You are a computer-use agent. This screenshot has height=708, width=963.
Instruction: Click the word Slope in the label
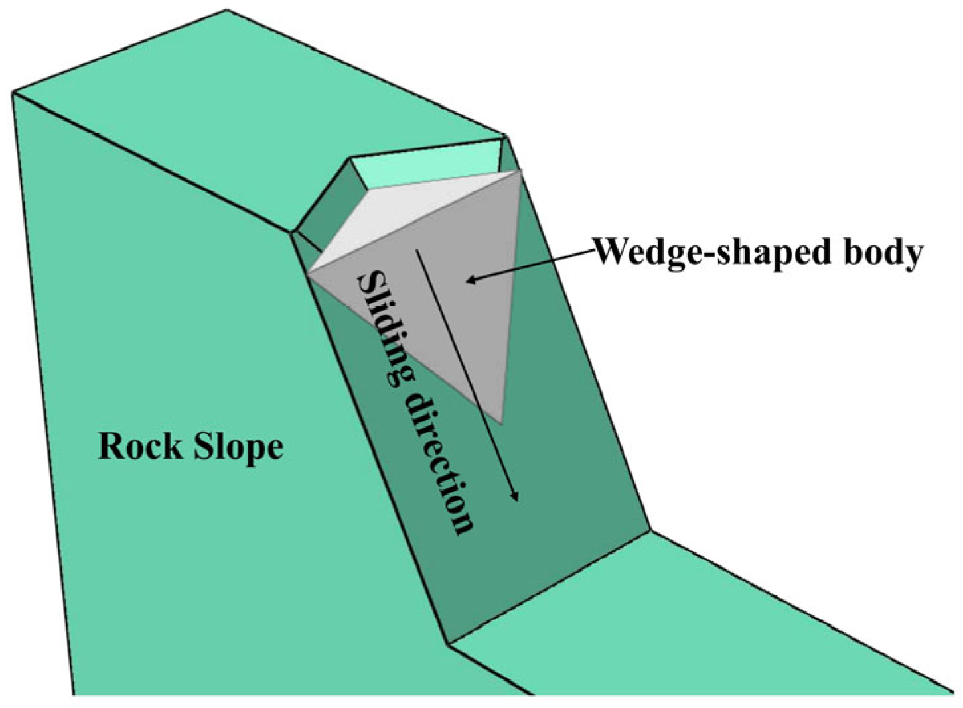(238, 447)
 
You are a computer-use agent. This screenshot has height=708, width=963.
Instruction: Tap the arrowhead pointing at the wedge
(471, 280)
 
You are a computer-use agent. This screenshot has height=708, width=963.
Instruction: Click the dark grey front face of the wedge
(458, 318)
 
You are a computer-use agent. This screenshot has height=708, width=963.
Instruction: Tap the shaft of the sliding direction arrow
(465, 371)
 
